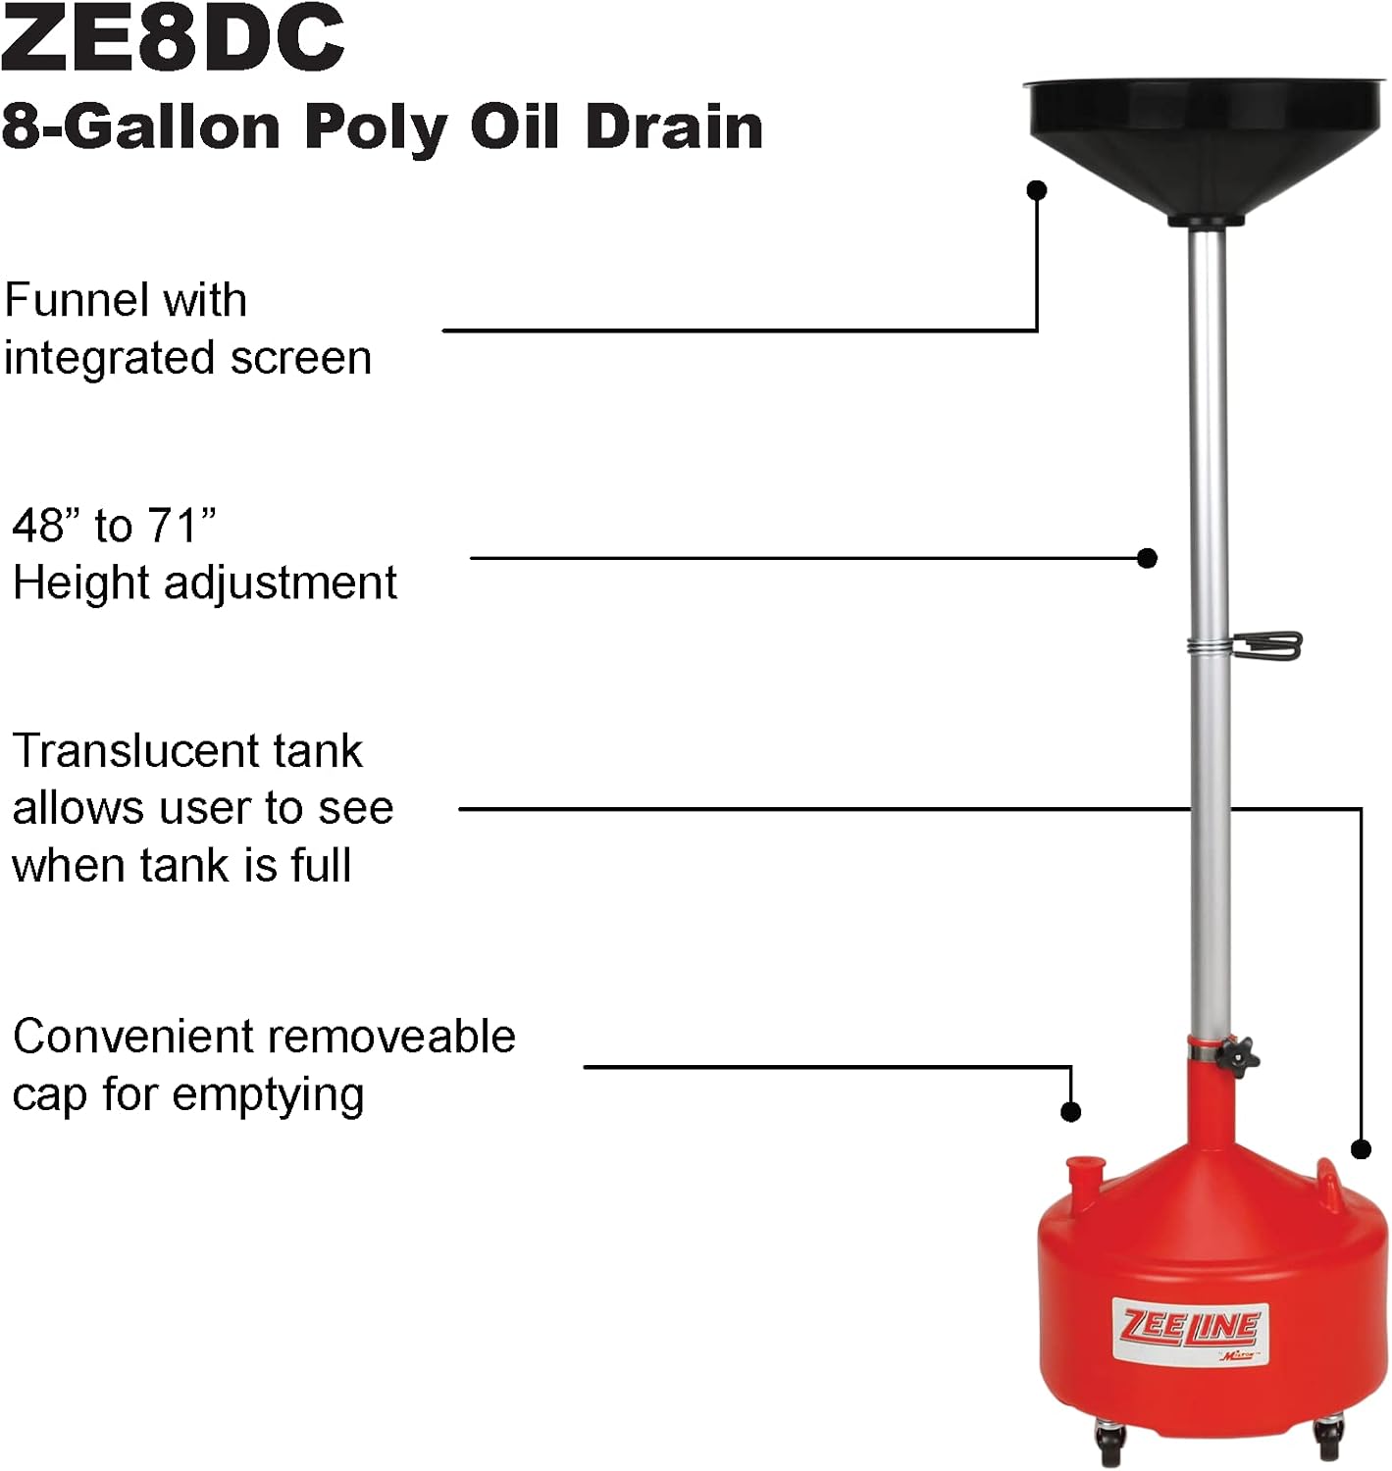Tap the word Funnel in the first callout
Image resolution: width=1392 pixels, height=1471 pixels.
[69, 300]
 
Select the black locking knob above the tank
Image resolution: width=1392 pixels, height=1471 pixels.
[1238, 1057]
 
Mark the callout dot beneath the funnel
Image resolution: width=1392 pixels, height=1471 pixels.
[1037, 190]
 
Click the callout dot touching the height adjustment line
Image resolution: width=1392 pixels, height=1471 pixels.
[1147, 558]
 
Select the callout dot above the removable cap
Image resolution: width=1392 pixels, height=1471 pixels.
[1071, 1111]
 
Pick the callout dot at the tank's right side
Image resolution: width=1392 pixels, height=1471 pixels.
[1361, 1148]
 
